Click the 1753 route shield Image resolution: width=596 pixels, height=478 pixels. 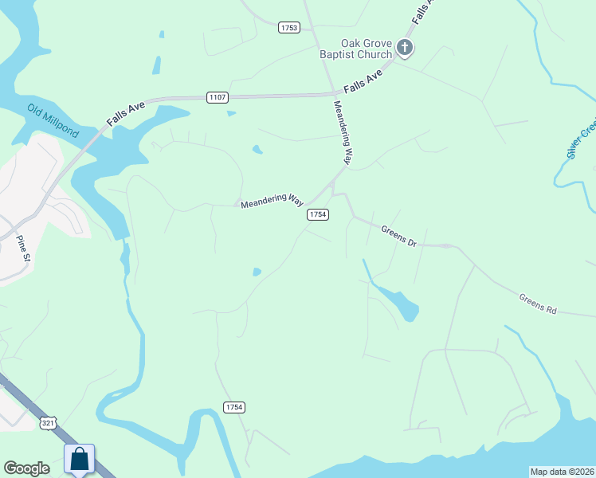(289, 28)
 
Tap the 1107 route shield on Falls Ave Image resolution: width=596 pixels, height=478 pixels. (218, 97)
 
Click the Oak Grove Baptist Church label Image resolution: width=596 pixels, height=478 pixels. (367, 49)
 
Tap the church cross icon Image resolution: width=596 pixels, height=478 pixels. (405, 49)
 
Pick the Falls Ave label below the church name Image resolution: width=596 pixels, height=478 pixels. (363, 80)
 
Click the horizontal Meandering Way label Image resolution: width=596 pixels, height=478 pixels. (273, 200)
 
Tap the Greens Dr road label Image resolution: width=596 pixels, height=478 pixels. (398, 236)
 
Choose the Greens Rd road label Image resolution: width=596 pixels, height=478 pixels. (537, 303)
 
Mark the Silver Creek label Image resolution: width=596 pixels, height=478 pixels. (582, 140)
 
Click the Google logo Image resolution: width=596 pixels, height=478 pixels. (26, 468)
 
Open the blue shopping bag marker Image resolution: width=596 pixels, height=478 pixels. (79, 460)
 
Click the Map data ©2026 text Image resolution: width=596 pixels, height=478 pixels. (562, 472)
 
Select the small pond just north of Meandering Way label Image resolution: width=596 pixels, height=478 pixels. (257, 149)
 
